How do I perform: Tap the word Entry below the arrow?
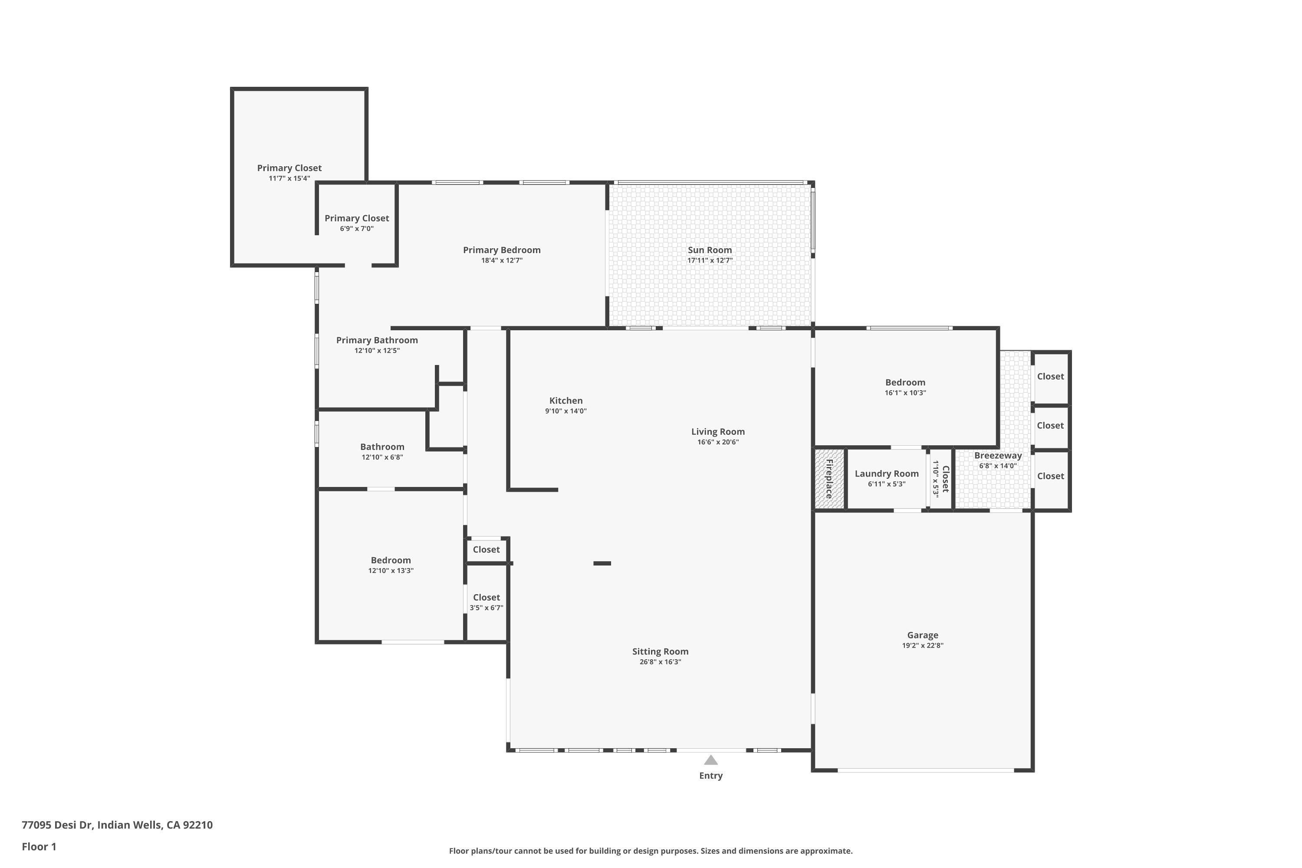click(x=711, y=776)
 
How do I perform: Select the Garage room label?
click(x=922, y=635)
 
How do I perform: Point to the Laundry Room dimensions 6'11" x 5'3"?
click(x=886, y=484)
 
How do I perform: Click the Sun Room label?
click(x=710, y=250)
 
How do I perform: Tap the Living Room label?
click(x=717, y=431)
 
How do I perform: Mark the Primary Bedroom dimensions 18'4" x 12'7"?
click(x=502, y=260)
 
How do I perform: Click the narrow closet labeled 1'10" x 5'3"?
click(x=940, y=479)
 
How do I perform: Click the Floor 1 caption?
click(x=39, y=846)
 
